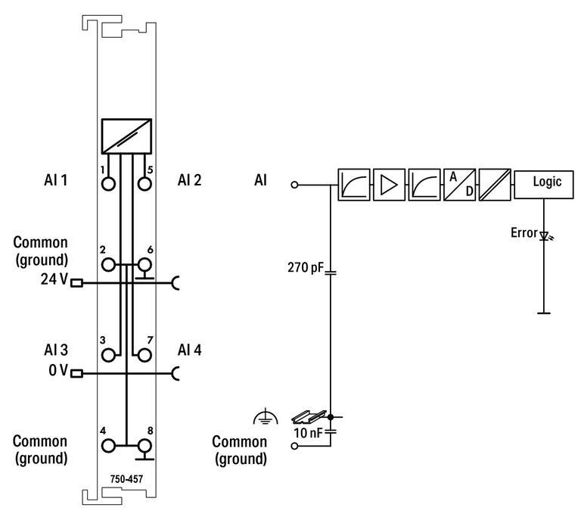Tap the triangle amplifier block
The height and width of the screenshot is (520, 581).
389,184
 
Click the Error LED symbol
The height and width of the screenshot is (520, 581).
542,235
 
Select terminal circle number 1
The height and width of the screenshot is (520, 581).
109,183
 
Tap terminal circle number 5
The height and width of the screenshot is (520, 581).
144,183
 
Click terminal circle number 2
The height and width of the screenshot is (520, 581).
109,265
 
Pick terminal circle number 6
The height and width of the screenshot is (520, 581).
144,265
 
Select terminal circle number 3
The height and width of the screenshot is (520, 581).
109,353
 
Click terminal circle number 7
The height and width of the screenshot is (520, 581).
144,353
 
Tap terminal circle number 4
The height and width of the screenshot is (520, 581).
109,447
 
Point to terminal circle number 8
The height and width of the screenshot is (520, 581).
144,447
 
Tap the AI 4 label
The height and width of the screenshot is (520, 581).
190,350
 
